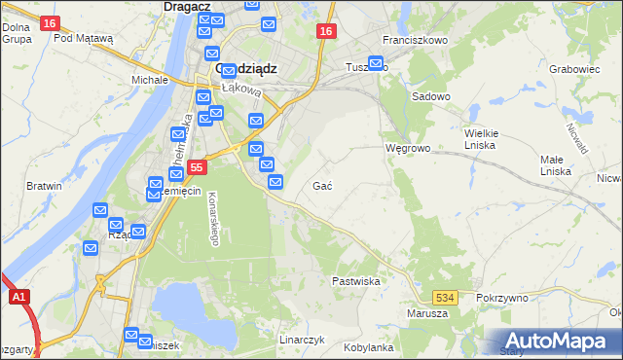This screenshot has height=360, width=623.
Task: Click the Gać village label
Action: tap(323, 185)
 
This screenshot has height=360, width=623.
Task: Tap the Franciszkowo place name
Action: tap(415, 40)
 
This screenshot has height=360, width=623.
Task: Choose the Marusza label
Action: tap(427, 313)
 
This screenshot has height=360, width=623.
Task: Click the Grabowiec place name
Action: tap(573, 69)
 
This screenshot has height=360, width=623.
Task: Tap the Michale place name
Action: tap(150, 79)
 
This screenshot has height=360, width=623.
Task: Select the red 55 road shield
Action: tap(197, 167)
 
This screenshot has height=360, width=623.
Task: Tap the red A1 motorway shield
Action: tap(18, 298)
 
